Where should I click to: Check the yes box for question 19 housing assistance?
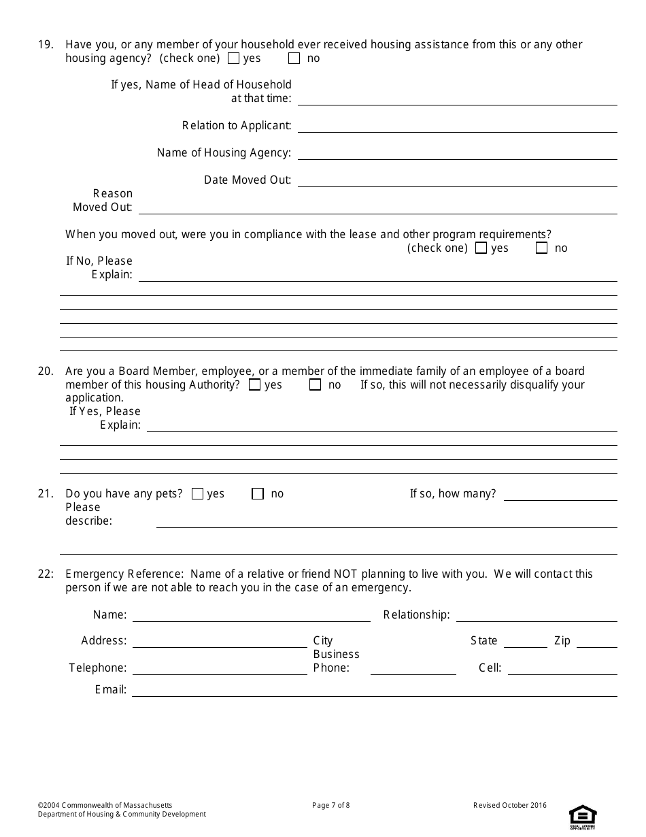coord(233,59)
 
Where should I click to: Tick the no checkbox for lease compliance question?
coord(541,248)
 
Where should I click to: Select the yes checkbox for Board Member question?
coord(254,385)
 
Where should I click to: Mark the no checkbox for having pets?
coord(258,494)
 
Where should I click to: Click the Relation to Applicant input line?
coord(457,127)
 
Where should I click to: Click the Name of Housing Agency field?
coord(457,154)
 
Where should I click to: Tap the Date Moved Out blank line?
coord(457,181)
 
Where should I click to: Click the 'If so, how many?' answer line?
coord(560,495)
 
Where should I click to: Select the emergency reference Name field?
coord(251,616)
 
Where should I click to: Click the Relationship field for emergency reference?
coord(536,616)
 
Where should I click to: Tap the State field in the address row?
coord(525,642)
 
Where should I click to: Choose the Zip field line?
coord(596,642)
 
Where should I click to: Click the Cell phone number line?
coord(562,669)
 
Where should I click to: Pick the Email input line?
coord(374,691)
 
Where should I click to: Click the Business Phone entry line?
coord(413,669)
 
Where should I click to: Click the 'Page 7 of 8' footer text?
coord(330,806)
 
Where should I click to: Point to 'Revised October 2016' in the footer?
coord(509,806)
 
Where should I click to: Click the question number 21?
coord(45,494)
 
